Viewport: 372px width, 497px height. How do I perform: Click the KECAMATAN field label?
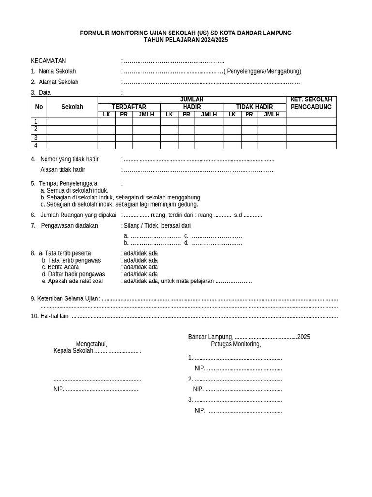click(48, 61)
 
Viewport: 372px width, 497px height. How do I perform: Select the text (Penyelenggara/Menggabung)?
click(263, 71)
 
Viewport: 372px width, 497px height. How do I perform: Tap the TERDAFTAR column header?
click(129, 107)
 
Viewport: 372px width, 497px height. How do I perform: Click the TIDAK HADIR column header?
click(254, 107)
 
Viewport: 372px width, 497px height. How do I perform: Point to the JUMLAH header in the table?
click(192, 99)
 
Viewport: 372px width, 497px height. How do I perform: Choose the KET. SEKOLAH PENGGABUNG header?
click(311, 103)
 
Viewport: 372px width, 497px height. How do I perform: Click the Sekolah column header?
click(72, 107)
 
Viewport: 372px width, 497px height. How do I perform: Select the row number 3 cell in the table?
click(36, 138)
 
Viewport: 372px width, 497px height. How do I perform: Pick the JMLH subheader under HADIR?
click(209, 115)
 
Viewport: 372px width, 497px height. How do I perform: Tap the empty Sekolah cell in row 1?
click(72, 122)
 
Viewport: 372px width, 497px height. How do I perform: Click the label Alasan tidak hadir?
click(62, 170)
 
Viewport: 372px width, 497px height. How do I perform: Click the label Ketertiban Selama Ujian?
click(67, 298)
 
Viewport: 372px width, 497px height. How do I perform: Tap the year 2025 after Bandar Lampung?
click(304, 337)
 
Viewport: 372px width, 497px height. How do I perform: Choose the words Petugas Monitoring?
click(236, 344)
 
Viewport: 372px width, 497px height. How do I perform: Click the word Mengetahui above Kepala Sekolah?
click(91, 344)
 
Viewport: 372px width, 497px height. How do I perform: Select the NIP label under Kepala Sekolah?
click(58, 389)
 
